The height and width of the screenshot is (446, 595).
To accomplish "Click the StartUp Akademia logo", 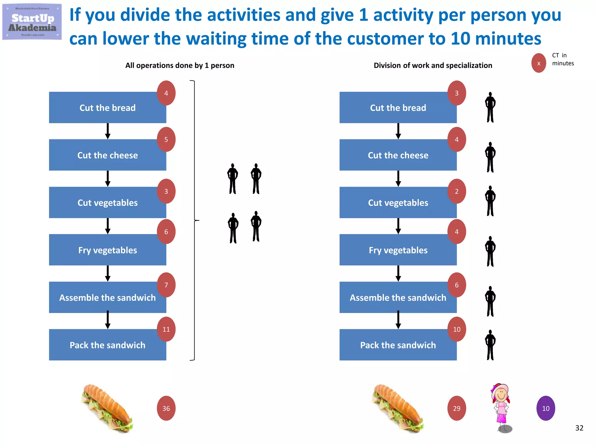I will (x=32, y=22).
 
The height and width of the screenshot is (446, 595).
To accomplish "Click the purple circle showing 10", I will (x=545, y=408).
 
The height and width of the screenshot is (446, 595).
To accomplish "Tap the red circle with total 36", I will (x=166, y=408).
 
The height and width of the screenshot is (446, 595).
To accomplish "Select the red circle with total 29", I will (x=456, y=408).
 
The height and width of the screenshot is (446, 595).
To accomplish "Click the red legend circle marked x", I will (x=539, y=63).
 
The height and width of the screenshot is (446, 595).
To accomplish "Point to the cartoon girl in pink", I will (x=501, y=407).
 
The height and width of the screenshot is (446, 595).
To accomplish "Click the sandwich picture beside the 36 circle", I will (x=107, y=408).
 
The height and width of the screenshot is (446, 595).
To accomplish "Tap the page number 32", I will (x=579, y=428).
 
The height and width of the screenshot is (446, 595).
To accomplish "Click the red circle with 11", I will (x=166, y=329).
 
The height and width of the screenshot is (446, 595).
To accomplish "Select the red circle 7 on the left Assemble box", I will (x=166, y=285).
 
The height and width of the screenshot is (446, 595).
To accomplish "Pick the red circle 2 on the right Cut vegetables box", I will (x=456, y=191).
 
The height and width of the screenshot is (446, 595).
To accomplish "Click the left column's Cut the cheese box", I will (x=107, y=155).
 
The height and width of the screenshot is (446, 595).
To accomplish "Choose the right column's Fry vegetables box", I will (x=398, y=250).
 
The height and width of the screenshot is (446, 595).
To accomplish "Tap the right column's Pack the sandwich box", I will (x=398, y=345).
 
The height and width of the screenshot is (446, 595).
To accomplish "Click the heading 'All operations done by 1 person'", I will (x=180, y=65).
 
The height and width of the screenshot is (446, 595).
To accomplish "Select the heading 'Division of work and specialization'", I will (x=433, y=65).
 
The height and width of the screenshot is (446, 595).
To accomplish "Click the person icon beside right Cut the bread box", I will (x=490, y=107).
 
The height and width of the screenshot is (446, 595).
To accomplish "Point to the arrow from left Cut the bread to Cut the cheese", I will (x=107, y=131).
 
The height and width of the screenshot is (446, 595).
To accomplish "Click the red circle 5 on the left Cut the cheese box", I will (x=166, y=139).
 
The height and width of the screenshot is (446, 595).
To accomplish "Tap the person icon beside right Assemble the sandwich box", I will (x=490, y=301).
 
